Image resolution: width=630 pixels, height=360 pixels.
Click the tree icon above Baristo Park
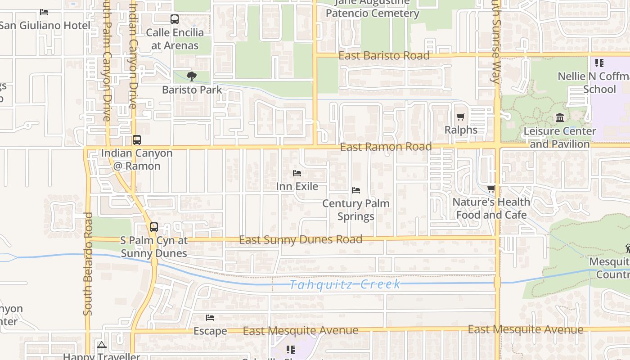192,76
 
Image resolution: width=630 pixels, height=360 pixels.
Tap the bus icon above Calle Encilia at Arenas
175,19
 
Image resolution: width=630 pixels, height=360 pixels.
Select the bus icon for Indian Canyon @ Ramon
137,140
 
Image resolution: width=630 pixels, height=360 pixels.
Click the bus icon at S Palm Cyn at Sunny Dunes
154,227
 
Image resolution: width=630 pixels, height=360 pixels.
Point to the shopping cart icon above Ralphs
460,117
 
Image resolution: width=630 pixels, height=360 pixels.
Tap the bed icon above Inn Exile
297,173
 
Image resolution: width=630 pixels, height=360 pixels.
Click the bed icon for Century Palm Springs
356,190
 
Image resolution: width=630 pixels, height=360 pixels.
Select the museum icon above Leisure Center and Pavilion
560,118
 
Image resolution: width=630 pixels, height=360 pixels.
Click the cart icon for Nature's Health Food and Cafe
491,189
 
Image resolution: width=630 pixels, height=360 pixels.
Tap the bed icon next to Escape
210,318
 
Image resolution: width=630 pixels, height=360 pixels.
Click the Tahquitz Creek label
345,284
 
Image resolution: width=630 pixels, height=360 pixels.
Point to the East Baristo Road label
384,56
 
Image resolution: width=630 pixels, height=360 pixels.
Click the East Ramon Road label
386,147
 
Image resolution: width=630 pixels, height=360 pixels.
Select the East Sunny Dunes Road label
300,239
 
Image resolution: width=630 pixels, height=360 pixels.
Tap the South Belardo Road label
88,264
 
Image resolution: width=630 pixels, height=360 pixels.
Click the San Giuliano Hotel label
45,25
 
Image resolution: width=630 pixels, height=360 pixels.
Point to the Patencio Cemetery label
372,13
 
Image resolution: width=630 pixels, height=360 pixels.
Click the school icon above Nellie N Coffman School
599,63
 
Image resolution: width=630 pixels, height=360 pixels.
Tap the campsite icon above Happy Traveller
101,345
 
